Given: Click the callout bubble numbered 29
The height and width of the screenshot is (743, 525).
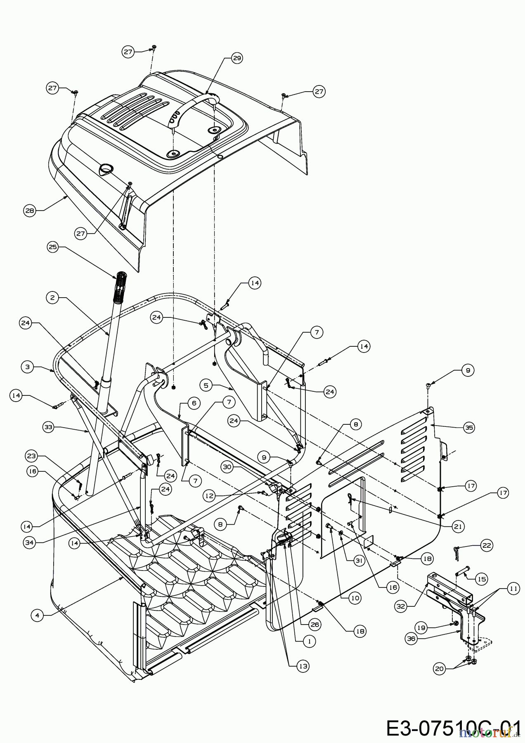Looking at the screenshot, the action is [x=237, y=58].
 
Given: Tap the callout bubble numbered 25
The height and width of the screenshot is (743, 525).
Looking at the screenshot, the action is [x=53, y=247].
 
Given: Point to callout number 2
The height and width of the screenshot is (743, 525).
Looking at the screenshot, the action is [x=52, y=298].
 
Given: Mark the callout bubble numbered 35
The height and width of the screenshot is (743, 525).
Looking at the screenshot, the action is [x=468, y=428].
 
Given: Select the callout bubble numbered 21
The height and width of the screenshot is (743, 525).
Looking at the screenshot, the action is [x=459, y=527].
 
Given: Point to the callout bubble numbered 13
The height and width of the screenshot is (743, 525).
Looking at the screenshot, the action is [x=304, y=666].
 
